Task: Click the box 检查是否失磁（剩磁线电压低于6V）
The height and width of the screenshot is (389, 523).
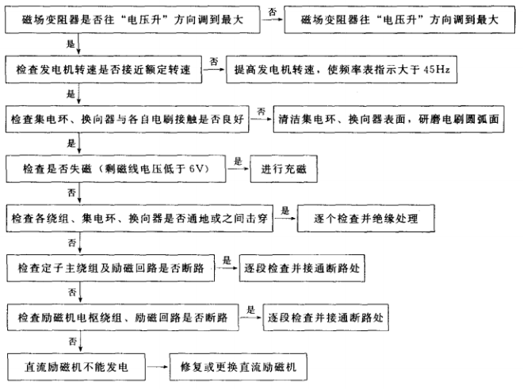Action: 116,168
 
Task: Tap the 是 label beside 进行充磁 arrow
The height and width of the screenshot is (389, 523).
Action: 237,161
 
